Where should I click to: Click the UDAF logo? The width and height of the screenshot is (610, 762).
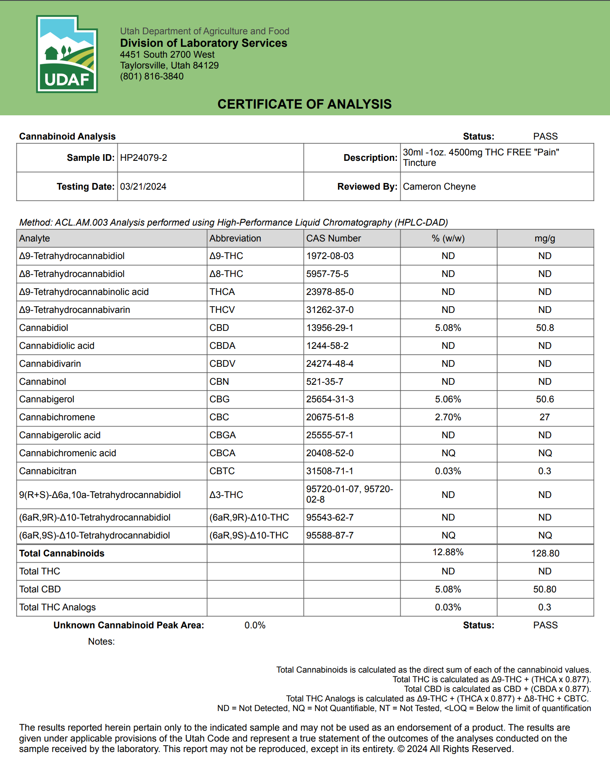point(67,54)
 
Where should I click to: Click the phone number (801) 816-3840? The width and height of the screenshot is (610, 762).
point(152,76)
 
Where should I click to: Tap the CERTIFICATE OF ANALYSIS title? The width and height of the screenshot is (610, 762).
point(305,104)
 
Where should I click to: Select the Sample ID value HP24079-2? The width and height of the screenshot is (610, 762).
point(143,158)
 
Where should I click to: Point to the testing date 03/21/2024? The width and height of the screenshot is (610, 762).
point(143,187)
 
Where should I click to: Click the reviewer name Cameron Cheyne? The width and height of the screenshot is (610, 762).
point(439,187)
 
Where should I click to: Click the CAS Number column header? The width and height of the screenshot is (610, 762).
point(333,239)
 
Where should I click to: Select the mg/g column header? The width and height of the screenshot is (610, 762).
point(545,239)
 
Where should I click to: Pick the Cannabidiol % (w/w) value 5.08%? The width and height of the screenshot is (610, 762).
point(448,328)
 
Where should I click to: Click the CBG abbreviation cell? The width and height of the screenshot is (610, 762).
point(219,399)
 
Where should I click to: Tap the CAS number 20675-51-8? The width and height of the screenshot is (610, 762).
point(330,417)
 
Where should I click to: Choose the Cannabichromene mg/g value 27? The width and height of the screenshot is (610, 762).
point(544,417)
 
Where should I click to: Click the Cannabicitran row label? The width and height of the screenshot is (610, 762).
point(48,471)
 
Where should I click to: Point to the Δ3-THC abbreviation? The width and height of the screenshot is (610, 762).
point(226,495)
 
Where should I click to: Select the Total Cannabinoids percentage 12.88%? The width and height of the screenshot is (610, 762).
point(448,552)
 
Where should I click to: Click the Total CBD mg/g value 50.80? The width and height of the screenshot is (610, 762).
point(545,589)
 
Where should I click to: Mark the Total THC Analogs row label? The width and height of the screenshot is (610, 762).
point(57,607)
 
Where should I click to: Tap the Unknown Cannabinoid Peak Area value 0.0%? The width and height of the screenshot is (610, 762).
point(255,625)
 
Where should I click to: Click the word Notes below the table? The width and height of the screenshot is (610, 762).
point(101,642)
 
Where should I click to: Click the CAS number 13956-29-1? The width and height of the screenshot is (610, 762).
point(330,328)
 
